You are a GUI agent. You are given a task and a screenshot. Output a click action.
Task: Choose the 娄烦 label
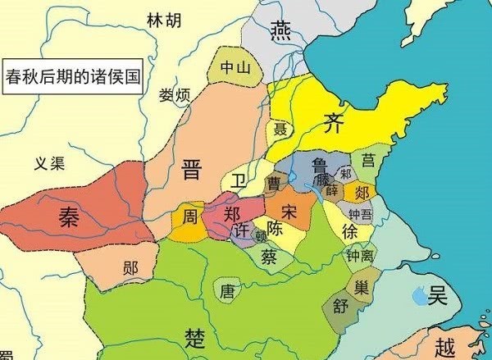click(175, 96)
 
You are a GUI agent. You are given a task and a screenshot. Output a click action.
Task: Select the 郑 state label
click(232, 213)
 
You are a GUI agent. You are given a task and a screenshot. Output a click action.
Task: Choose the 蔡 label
click(270, 255)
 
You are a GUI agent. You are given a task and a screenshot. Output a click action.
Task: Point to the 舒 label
click(340, 309)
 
